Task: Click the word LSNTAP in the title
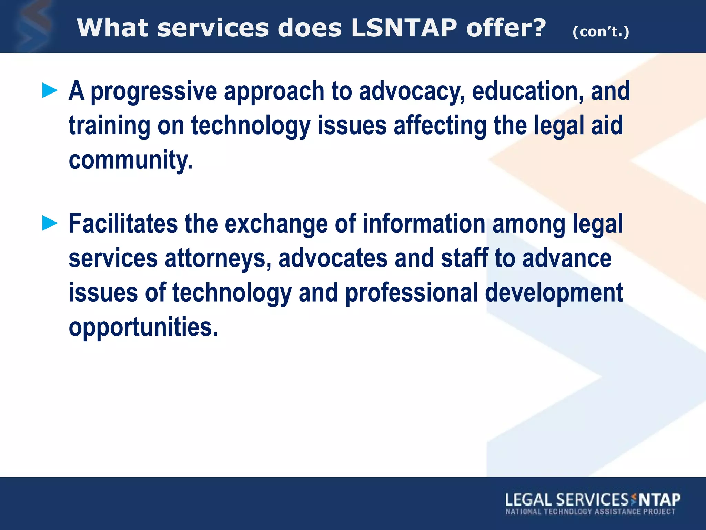pos(404,28)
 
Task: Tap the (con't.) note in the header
pos(601,32)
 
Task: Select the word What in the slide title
pos(112,28)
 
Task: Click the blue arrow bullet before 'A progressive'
pos(50,91)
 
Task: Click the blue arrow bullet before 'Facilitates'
pos(50,223)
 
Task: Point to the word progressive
pos(154,91)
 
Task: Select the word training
pos(109,126)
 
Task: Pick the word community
pos(131,160)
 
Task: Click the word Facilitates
pos(123,224)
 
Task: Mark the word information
pos(424,224)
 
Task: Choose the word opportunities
pos(143,327)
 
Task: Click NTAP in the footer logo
pos(660,500)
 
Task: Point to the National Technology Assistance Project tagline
pos(590,512)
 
